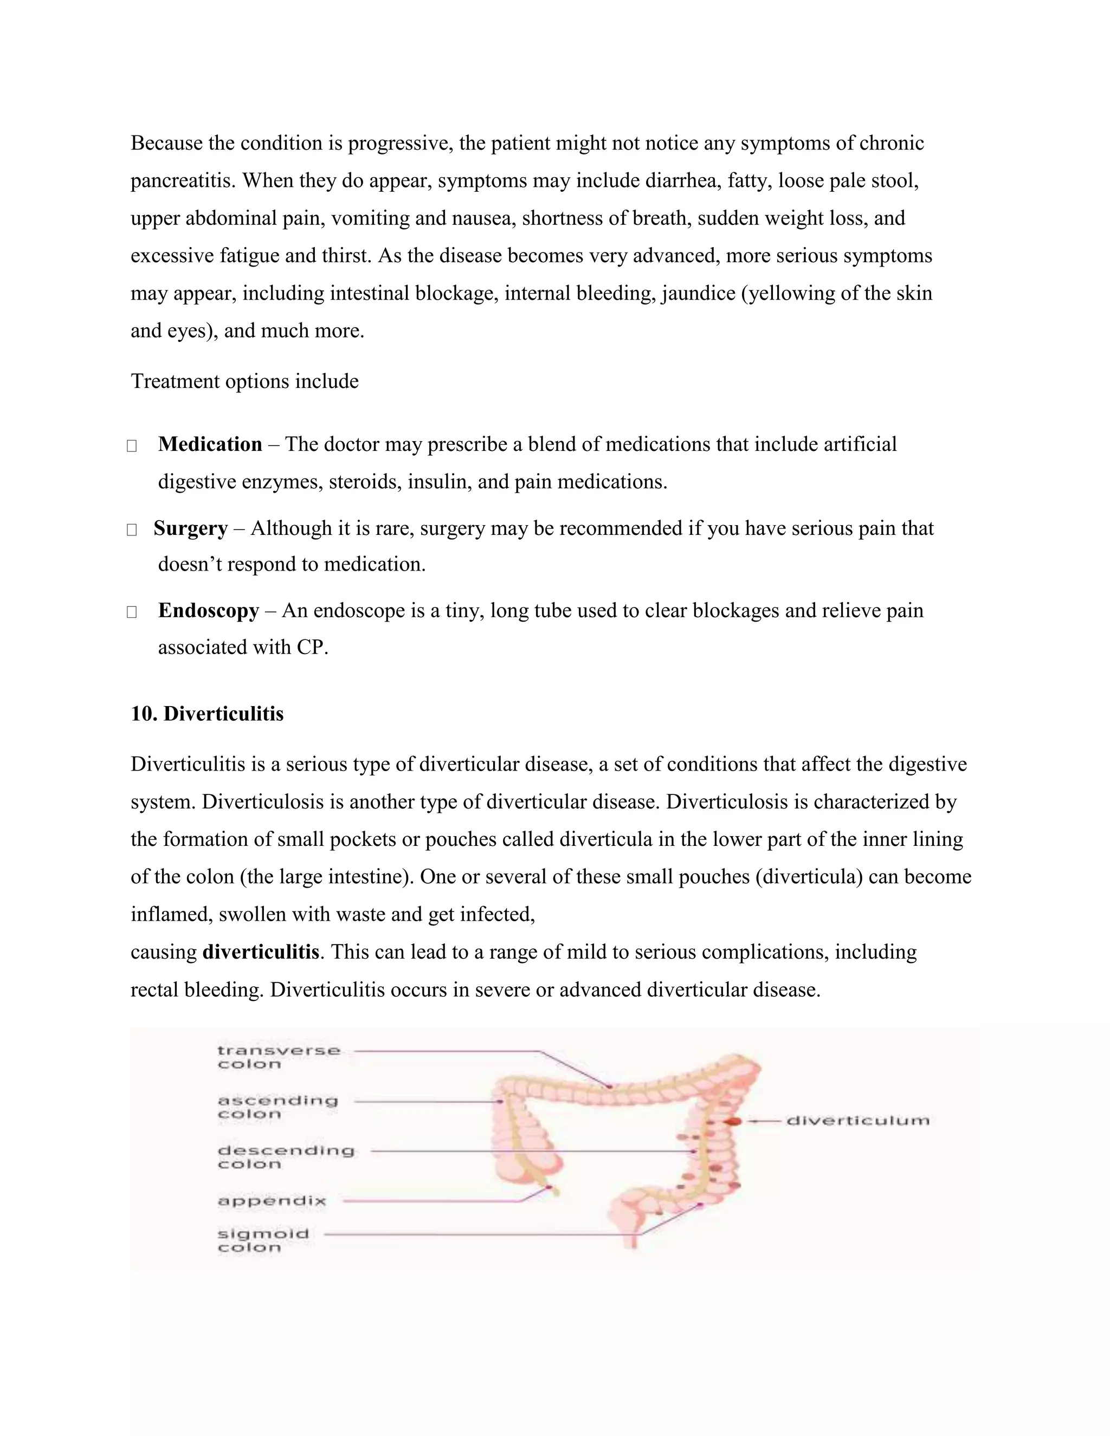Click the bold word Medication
210,444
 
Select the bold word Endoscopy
209,611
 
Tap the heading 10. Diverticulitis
207,714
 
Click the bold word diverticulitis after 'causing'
261,952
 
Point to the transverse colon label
279,1057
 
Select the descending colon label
286,1157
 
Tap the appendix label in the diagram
272,1201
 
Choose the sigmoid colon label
263,1241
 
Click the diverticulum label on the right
857,1121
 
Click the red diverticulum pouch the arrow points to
734,1121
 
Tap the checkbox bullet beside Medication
132,446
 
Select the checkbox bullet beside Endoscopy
132,612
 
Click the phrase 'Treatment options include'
244,381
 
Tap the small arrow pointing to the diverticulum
763,1121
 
